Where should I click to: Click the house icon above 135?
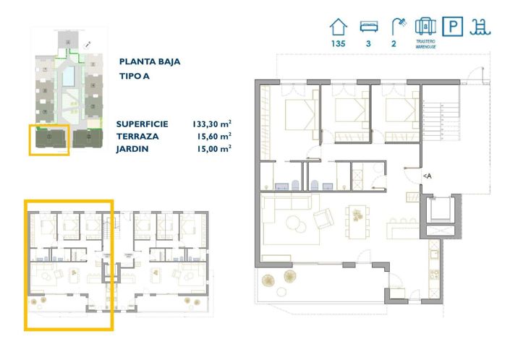pyautogui.click(x=337, y=27)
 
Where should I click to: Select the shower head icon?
pyautogui.click(x=397, y=27)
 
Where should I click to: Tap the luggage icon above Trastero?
pyautogui.click(x=425, y=27)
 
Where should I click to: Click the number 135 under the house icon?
pyautogui.click(x=337, y=44)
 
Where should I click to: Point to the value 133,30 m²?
pyautogui.click(x=212, y=124)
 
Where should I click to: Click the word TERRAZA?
pyautogui.click(x=137, y=136)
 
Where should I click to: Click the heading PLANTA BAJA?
pyautogui.click(x=150, y=61)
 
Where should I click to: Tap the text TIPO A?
pyautogui.click(x=134, y=76)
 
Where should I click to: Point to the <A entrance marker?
pyautogui.click(x=427, y=176)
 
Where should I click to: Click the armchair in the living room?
pyautogui.click(x=323, y=215)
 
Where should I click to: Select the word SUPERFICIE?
pyautogui.click(x=143, y=124)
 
